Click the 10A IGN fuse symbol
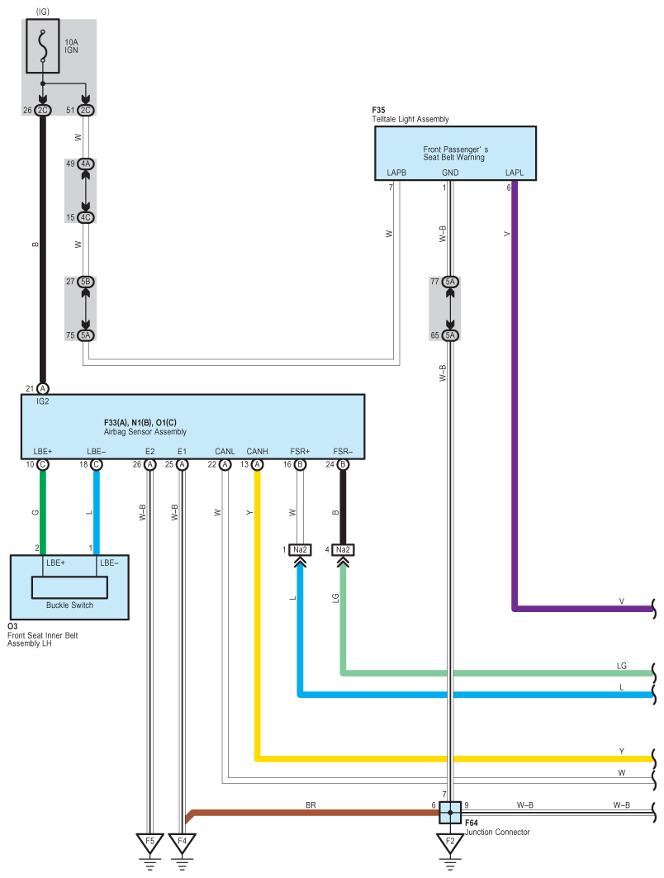pyautogui.click(x=43, y=46)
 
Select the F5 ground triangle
pyautogui.click(x=149, y=842)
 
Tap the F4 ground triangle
pyautogui.click(x=182, y=842)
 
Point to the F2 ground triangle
pyautogui.click(x=450, y=842)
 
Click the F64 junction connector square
pyautogui.click(x=450, y=813)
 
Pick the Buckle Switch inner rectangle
pyautogui.click(x=69, y=587)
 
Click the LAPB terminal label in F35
pyautogui.click(x=396, y=173)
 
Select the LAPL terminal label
pyautogui.click(x=514, y=173)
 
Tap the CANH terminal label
pyautogui.click(x=257, y=451)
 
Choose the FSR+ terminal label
pyautogui.click(x=300, y=451)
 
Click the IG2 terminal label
pyautogui.click(x=43, y=401)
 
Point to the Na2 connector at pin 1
pyautogui.click(x=300, y=550)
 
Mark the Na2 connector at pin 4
pyautogui.click(x=343, y=550)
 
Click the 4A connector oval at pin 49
pyautogui.click(x=85, y=164)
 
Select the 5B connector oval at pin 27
pyautogui.click(x=85, y=282)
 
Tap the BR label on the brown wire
pyautogui.click(x=311, y=805)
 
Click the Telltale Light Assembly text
pyautogui.click(x=410, y=119)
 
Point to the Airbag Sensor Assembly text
pyautogui.click(x=145, y=432)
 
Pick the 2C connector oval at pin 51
pyautogui.click(x=85, y=111)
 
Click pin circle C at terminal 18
pyautogui.click(x=97, y=465)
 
